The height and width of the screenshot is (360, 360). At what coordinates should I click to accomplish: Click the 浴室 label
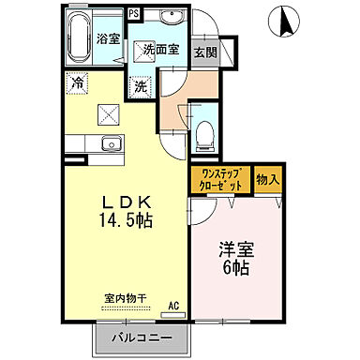click(x=108, y=38)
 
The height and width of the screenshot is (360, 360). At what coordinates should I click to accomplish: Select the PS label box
click(x=134, y=13)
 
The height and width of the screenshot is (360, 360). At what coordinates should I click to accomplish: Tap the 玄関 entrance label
click(x=204, y=52)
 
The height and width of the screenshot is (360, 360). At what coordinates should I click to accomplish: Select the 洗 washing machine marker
click(x=140, y=86)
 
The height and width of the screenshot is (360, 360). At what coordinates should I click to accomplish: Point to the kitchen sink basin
click(x=108, y=143)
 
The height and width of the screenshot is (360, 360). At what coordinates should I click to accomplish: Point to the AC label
click(x=173, y=306)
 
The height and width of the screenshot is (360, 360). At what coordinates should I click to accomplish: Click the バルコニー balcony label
click(x=141, y=337)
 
